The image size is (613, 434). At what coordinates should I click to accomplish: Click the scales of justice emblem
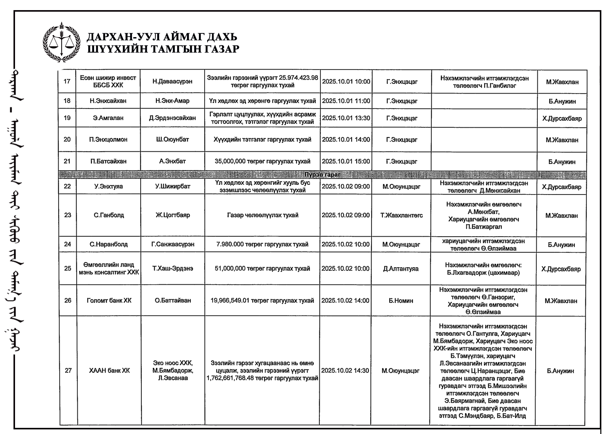62,42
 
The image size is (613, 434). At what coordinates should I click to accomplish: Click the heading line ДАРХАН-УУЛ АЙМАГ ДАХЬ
162,37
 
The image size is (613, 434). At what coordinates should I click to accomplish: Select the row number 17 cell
67,81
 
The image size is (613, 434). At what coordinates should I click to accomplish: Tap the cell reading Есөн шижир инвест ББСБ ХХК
108,81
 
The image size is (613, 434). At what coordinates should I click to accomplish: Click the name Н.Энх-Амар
172,101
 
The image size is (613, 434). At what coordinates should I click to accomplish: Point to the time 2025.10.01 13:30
346,118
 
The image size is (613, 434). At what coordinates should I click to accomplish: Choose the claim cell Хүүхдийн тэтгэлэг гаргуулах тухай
262,140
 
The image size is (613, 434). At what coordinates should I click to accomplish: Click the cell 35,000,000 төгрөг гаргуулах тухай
262,161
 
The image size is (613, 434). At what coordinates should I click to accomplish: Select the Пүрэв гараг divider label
322,175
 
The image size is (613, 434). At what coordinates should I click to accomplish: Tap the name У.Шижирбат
173,186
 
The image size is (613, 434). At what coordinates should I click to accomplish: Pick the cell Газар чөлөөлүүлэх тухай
263,215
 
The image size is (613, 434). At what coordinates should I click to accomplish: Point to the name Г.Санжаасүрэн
173,244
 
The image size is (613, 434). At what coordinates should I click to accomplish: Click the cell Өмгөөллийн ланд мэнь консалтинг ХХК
109,269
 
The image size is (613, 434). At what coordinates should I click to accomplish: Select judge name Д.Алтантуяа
401,269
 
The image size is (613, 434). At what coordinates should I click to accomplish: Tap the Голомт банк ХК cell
109,300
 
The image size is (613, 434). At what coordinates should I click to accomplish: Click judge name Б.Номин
401,301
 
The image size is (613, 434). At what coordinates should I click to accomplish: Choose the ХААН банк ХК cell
109,371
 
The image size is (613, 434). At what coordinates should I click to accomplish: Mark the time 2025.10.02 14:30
345,370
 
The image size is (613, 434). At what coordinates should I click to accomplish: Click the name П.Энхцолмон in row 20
108,140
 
